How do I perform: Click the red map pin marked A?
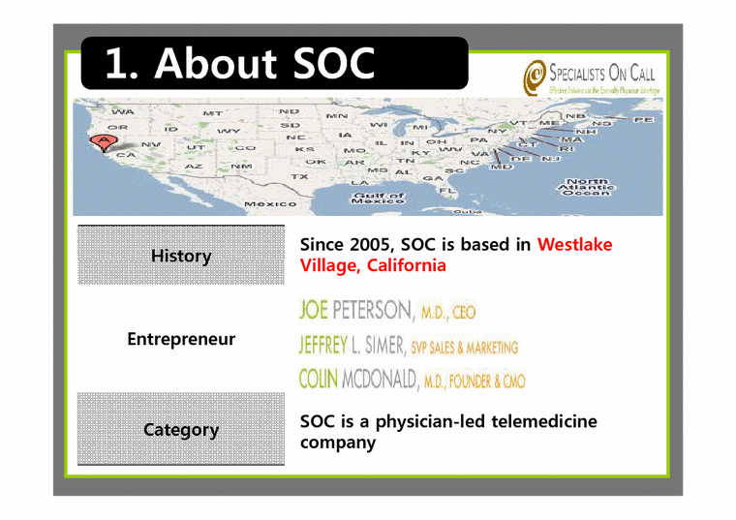[x=101, y=142]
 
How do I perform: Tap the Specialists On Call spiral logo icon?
[x=534, y=76]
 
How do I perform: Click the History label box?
[x=180, y=256]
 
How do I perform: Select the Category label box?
[x=180, y=429]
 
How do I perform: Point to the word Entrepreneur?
[x=180, y=340]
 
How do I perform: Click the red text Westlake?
[x=574, y=245]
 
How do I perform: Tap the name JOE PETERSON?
[x=355, y=311]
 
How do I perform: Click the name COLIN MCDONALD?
[x=358, y=379]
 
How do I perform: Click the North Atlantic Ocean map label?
[x=588, y=187]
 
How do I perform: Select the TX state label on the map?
[x=300, y=177]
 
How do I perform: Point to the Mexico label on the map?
[x=270, y=204]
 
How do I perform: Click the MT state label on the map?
[x=212, y=113]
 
